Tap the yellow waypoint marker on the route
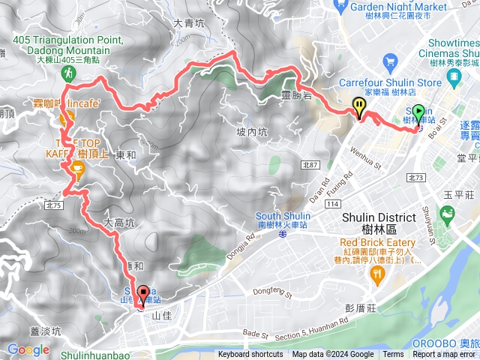[360, 106]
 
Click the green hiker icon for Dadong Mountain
[68, 73]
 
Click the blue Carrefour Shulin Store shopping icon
[389, 61]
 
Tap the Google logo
[28, 349]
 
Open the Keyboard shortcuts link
[250, 355]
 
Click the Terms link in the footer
[393, 355]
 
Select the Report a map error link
[445, 355]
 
